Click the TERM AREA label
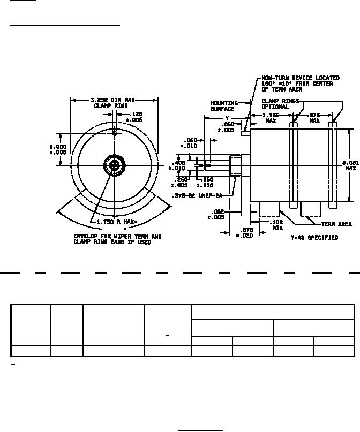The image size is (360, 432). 336,224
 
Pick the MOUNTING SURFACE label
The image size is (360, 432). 223,105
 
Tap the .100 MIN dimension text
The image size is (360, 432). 277,225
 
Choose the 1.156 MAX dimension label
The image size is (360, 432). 271,117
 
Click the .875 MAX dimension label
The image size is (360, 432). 314,117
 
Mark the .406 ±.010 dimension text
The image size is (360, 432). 177,165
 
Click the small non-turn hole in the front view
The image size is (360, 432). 114,133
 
